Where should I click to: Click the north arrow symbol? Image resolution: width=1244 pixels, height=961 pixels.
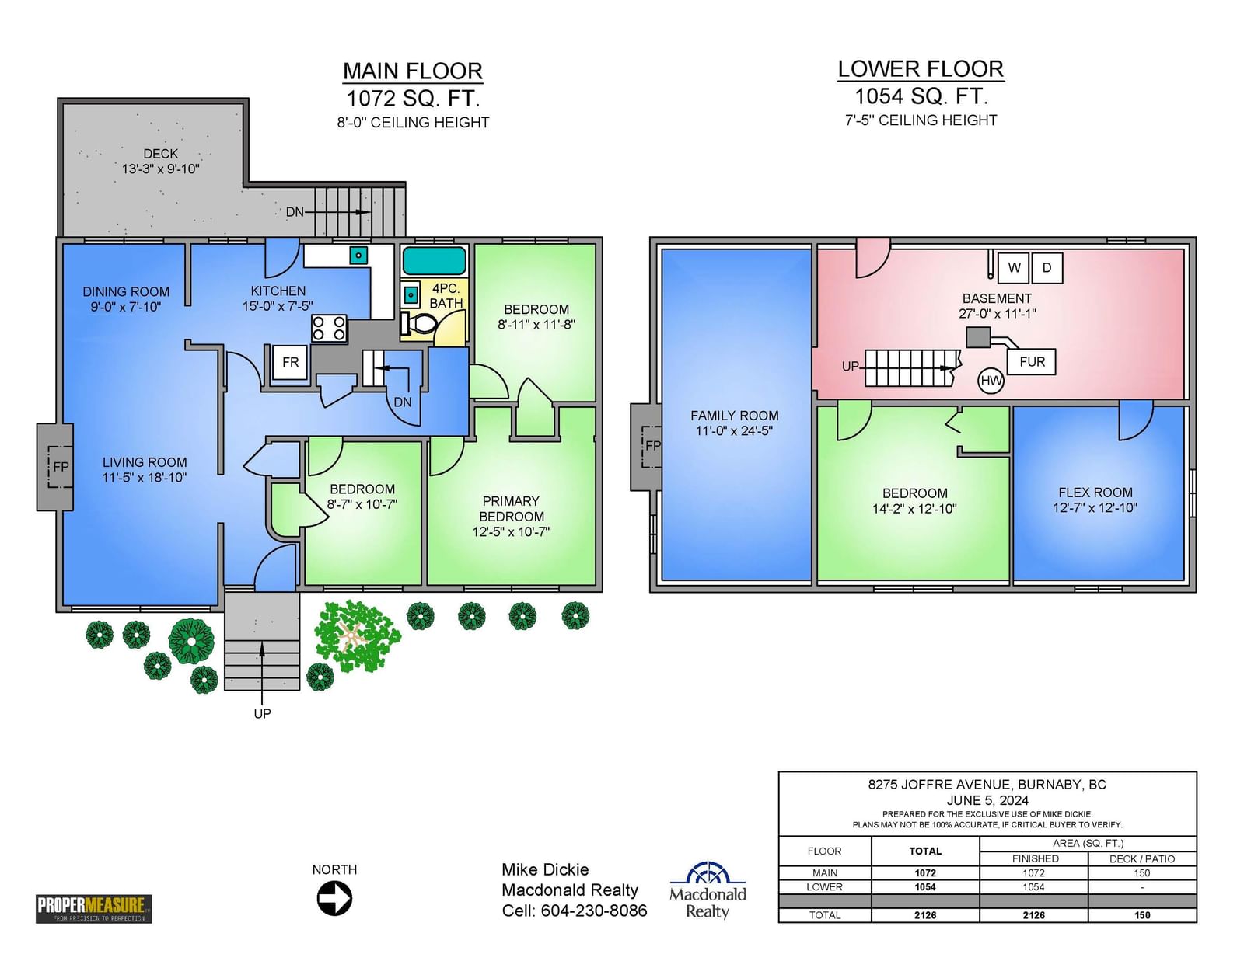[334, 898]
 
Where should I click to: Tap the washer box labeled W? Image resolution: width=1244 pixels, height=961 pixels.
[1013, 268]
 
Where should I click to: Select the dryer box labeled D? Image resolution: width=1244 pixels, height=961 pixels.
[1047, 268]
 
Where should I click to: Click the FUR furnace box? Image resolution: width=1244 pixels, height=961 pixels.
[1031, 361]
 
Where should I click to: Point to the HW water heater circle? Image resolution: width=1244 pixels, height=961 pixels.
[991, 381]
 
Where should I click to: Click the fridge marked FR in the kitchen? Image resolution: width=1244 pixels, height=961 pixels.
[290, 362]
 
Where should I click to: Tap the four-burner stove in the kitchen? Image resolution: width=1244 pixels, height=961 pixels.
[329, 329]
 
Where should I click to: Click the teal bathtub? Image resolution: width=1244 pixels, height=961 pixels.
[434, 261]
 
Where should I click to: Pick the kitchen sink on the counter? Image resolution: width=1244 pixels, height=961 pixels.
[358, 255]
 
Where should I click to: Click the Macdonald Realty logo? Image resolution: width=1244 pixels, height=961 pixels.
[708, 890]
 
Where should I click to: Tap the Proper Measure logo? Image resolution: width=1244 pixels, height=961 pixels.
[94, 908]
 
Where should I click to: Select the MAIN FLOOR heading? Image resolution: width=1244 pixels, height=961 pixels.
[413, 71]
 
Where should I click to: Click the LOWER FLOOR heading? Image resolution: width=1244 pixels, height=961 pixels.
[921, 69]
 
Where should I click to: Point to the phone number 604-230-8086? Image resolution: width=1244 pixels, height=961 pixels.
[594, 911]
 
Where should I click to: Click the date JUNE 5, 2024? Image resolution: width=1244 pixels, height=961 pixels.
[987, 800]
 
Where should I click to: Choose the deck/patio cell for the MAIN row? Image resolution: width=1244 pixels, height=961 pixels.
[1141, 873]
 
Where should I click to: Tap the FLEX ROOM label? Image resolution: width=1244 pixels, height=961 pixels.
[1095, 493]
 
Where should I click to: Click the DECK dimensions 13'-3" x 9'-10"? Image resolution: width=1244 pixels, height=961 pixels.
[160, 169]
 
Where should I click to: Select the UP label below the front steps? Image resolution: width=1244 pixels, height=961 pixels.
[262, 713]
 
